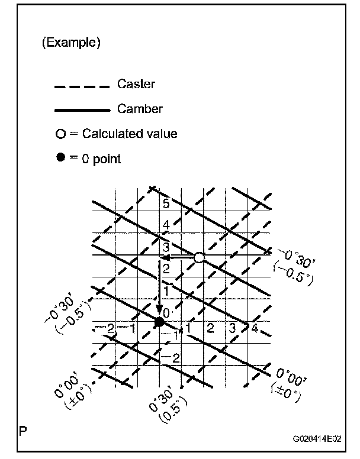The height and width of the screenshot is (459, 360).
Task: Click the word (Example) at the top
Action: click(71, 43)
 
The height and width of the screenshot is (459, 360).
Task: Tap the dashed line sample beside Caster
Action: click(82, 87)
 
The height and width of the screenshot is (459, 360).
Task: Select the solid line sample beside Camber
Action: click(82, 110)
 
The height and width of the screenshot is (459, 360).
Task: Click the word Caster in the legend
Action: click(136, 84)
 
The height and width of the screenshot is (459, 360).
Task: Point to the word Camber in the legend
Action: click(139, 108)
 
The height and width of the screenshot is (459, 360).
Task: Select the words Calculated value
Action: click(129, 134)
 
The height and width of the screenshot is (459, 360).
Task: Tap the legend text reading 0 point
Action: click(101, 159)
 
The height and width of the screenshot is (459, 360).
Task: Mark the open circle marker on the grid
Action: click(199, 257)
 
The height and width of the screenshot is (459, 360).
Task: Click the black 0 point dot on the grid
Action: click(159, 322)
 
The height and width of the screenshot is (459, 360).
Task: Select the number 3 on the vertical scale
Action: click(166, 247)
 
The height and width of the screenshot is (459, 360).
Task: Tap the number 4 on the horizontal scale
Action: click(253, 328)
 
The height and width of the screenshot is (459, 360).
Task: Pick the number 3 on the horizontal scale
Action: click(232, 328)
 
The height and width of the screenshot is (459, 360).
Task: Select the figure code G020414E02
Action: click(317, 440)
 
